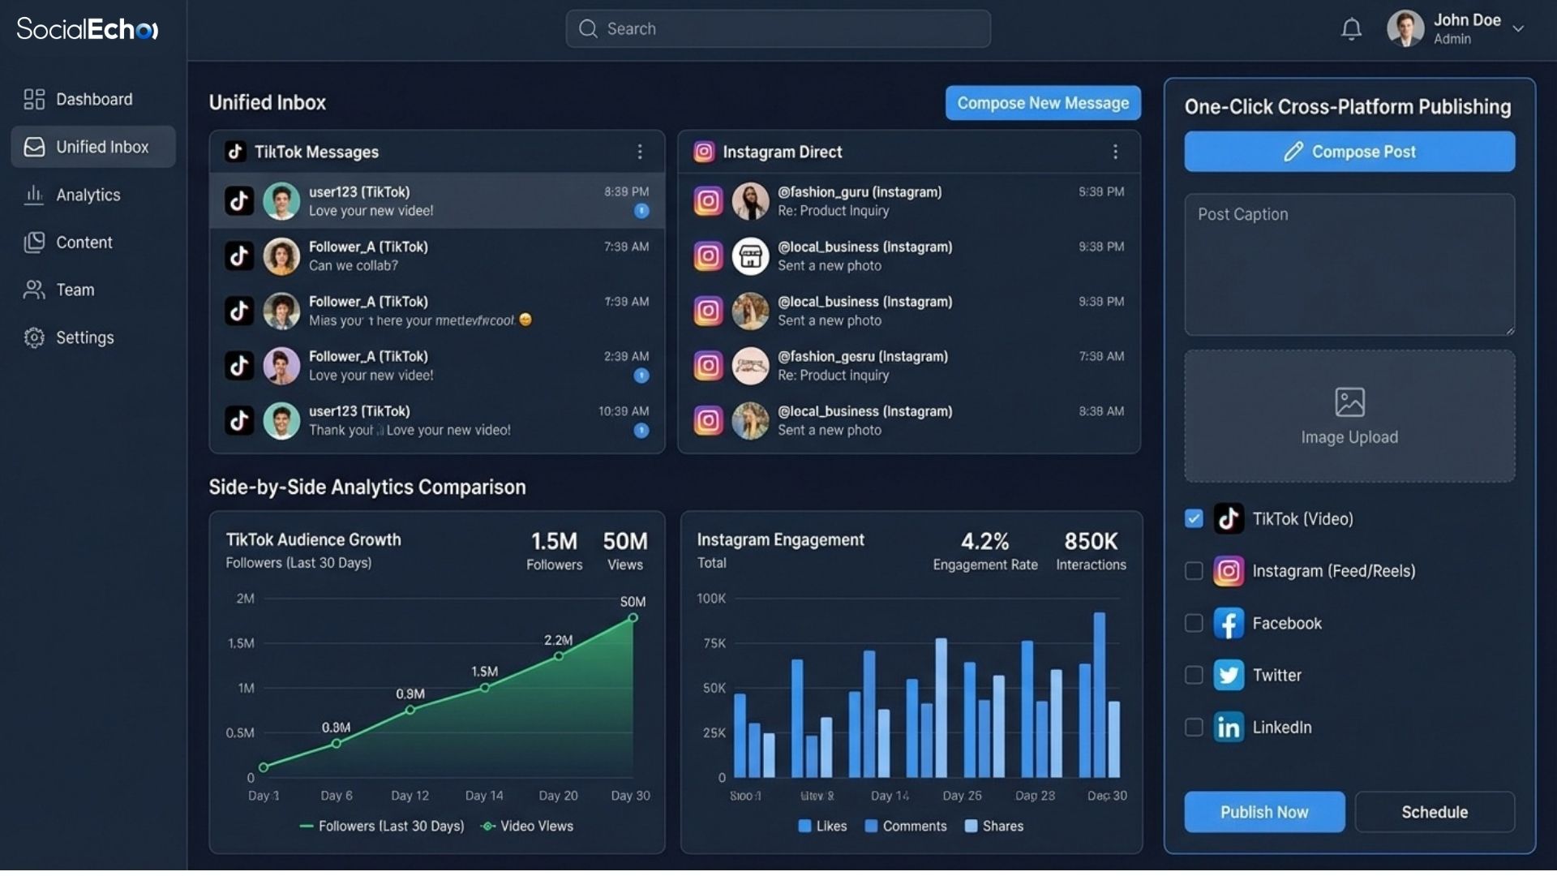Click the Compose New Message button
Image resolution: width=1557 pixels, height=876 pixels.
pos(1042,103)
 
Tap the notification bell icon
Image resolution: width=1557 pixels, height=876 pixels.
pos(1351,29)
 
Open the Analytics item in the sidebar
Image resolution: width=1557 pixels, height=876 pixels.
pos(88,195)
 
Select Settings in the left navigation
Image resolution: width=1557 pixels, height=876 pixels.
pos(84,337)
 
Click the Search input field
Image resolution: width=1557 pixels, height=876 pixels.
pos(778,29)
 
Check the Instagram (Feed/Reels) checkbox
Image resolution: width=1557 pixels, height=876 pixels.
pos(1194,571)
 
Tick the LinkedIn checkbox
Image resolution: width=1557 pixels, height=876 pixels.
pos(1194,728)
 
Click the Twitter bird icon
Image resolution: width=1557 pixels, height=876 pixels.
pos(1229,675)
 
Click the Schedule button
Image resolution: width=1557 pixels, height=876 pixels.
pos(1434,812)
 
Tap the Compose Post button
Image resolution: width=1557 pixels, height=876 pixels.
pos(1349,152)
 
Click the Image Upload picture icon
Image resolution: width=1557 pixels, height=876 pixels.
pos(1349,402)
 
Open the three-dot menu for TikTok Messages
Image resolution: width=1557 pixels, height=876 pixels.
pos(640,152)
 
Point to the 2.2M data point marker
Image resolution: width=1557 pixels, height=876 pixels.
pos(559,656)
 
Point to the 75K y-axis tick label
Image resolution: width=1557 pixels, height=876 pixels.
pos(714,643)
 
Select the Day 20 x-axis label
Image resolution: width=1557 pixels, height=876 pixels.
pos(558,796)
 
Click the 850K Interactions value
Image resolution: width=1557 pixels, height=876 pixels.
pos(1091,541)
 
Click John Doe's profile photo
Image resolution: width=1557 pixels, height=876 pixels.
pos(1405,29)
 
